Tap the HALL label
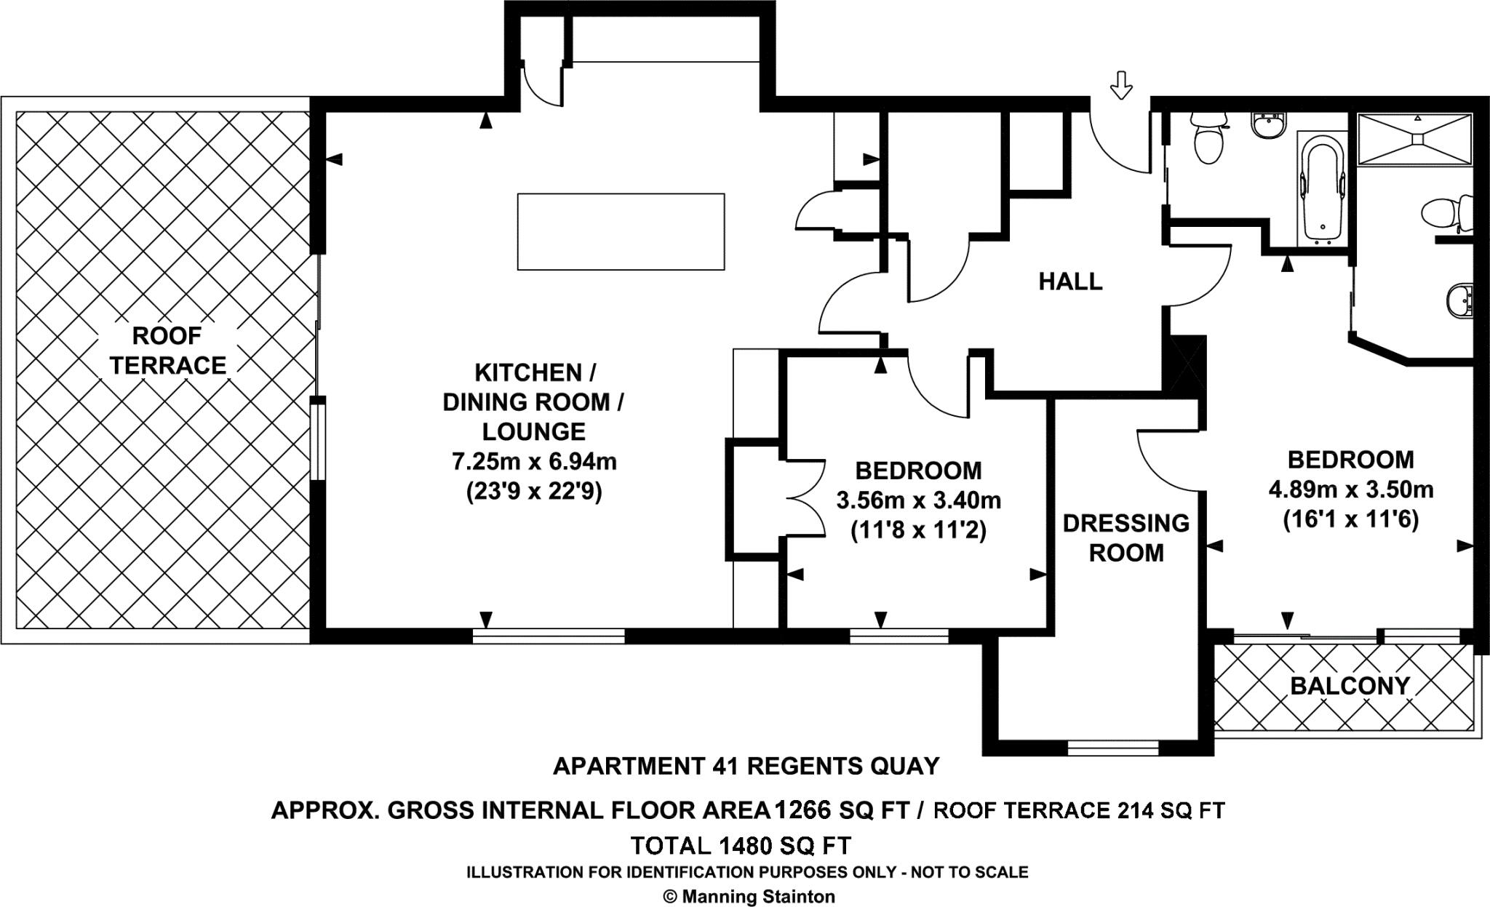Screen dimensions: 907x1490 pyautogui.click(x=1070, y=281)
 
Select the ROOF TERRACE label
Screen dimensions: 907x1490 pyautogui.click(x=167, y=351)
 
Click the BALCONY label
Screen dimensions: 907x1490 pyautogui.click(x=1350, y=685)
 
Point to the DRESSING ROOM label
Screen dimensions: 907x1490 pyautogui.click(x=1126, y=538)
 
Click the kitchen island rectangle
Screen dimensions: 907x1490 pyautogui.click(x=621, y=231)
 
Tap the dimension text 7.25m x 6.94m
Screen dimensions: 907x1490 pyautogui.click(x=534, y=461)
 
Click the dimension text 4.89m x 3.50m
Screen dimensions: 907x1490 pyautogui.click(x=1350, y=490)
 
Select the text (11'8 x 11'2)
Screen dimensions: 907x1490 pyautogui.click(x=918, y=530)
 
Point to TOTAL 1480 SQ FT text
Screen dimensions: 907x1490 pyautogui.click(x=740, y=846)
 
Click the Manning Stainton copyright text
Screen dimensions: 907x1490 pyautogui.click(x=749, y=897)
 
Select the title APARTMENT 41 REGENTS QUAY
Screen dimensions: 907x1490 pyautogui.click(x=746, y=766)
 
